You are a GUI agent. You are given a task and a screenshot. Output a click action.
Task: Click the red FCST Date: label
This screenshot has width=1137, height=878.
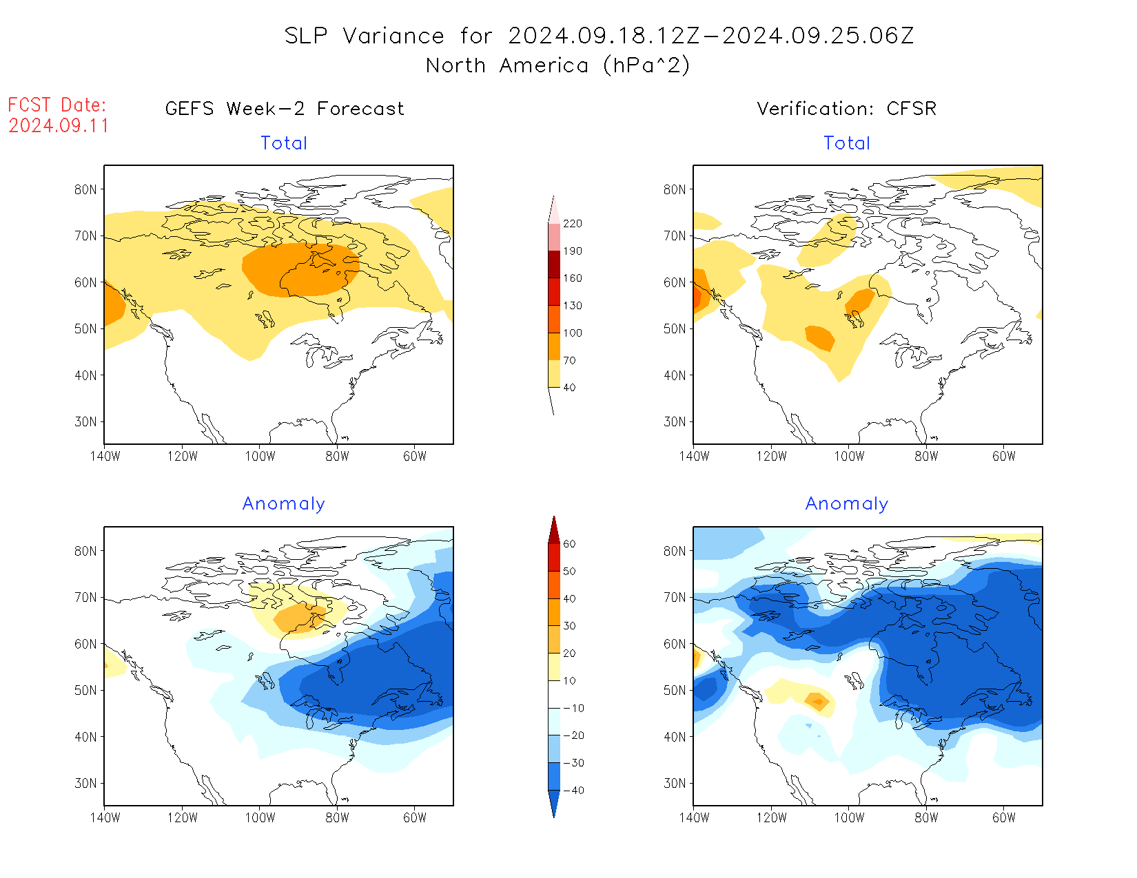(x=57, y=105)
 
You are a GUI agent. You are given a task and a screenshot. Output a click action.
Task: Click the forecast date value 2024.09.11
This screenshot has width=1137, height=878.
(x=59, y=126)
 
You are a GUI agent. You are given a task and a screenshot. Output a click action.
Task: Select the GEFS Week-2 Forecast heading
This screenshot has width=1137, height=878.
(x=285, y=109)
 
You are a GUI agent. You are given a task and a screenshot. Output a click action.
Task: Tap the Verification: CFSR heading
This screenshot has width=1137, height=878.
(x=846, y=109)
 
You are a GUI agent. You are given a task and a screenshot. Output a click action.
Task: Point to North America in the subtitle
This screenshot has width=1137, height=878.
(x=507, y=65)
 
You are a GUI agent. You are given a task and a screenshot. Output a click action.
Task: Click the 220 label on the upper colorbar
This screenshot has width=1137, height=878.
(x=572, y=224)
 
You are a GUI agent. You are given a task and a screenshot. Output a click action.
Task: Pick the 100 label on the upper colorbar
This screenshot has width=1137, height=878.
(x=572, y=333)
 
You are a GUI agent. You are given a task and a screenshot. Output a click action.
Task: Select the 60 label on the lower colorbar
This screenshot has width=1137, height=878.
(x=569, y=544)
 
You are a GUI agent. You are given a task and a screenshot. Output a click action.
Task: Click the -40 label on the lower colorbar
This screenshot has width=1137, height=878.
(x=573, y=791)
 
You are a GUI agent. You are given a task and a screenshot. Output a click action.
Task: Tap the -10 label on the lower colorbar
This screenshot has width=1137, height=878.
(x=573, y=708)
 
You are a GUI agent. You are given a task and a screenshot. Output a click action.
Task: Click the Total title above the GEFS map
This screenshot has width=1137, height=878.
(x=284, y=143)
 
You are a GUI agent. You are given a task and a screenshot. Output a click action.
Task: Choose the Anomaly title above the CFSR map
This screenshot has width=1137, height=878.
(x=846, y=504)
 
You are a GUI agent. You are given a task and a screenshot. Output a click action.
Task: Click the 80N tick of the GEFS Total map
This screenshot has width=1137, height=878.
(x=85, y=189)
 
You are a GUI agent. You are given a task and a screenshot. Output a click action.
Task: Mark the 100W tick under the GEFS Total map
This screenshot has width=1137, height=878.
(x=260, y=456)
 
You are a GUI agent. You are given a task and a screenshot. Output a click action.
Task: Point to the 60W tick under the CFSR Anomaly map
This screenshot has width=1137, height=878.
(x=1003, y=817)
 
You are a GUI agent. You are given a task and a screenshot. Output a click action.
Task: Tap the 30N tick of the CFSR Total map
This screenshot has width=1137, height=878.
(x=675, y=421)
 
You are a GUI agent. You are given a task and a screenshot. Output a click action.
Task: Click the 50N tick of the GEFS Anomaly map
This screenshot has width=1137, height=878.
(x=85, y=690)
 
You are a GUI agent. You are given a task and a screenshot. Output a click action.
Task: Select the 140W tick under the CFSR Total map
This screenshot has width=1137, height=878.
(x=694, y=456)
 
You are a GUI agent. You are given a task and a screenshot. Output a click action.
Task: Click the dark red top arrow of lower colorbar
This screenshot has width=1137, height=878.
(x=554, y=530)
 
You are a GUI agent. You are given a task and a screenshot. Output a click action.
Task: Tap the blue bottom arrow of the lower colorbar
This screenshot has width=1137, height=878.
(x=554, y=804)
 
